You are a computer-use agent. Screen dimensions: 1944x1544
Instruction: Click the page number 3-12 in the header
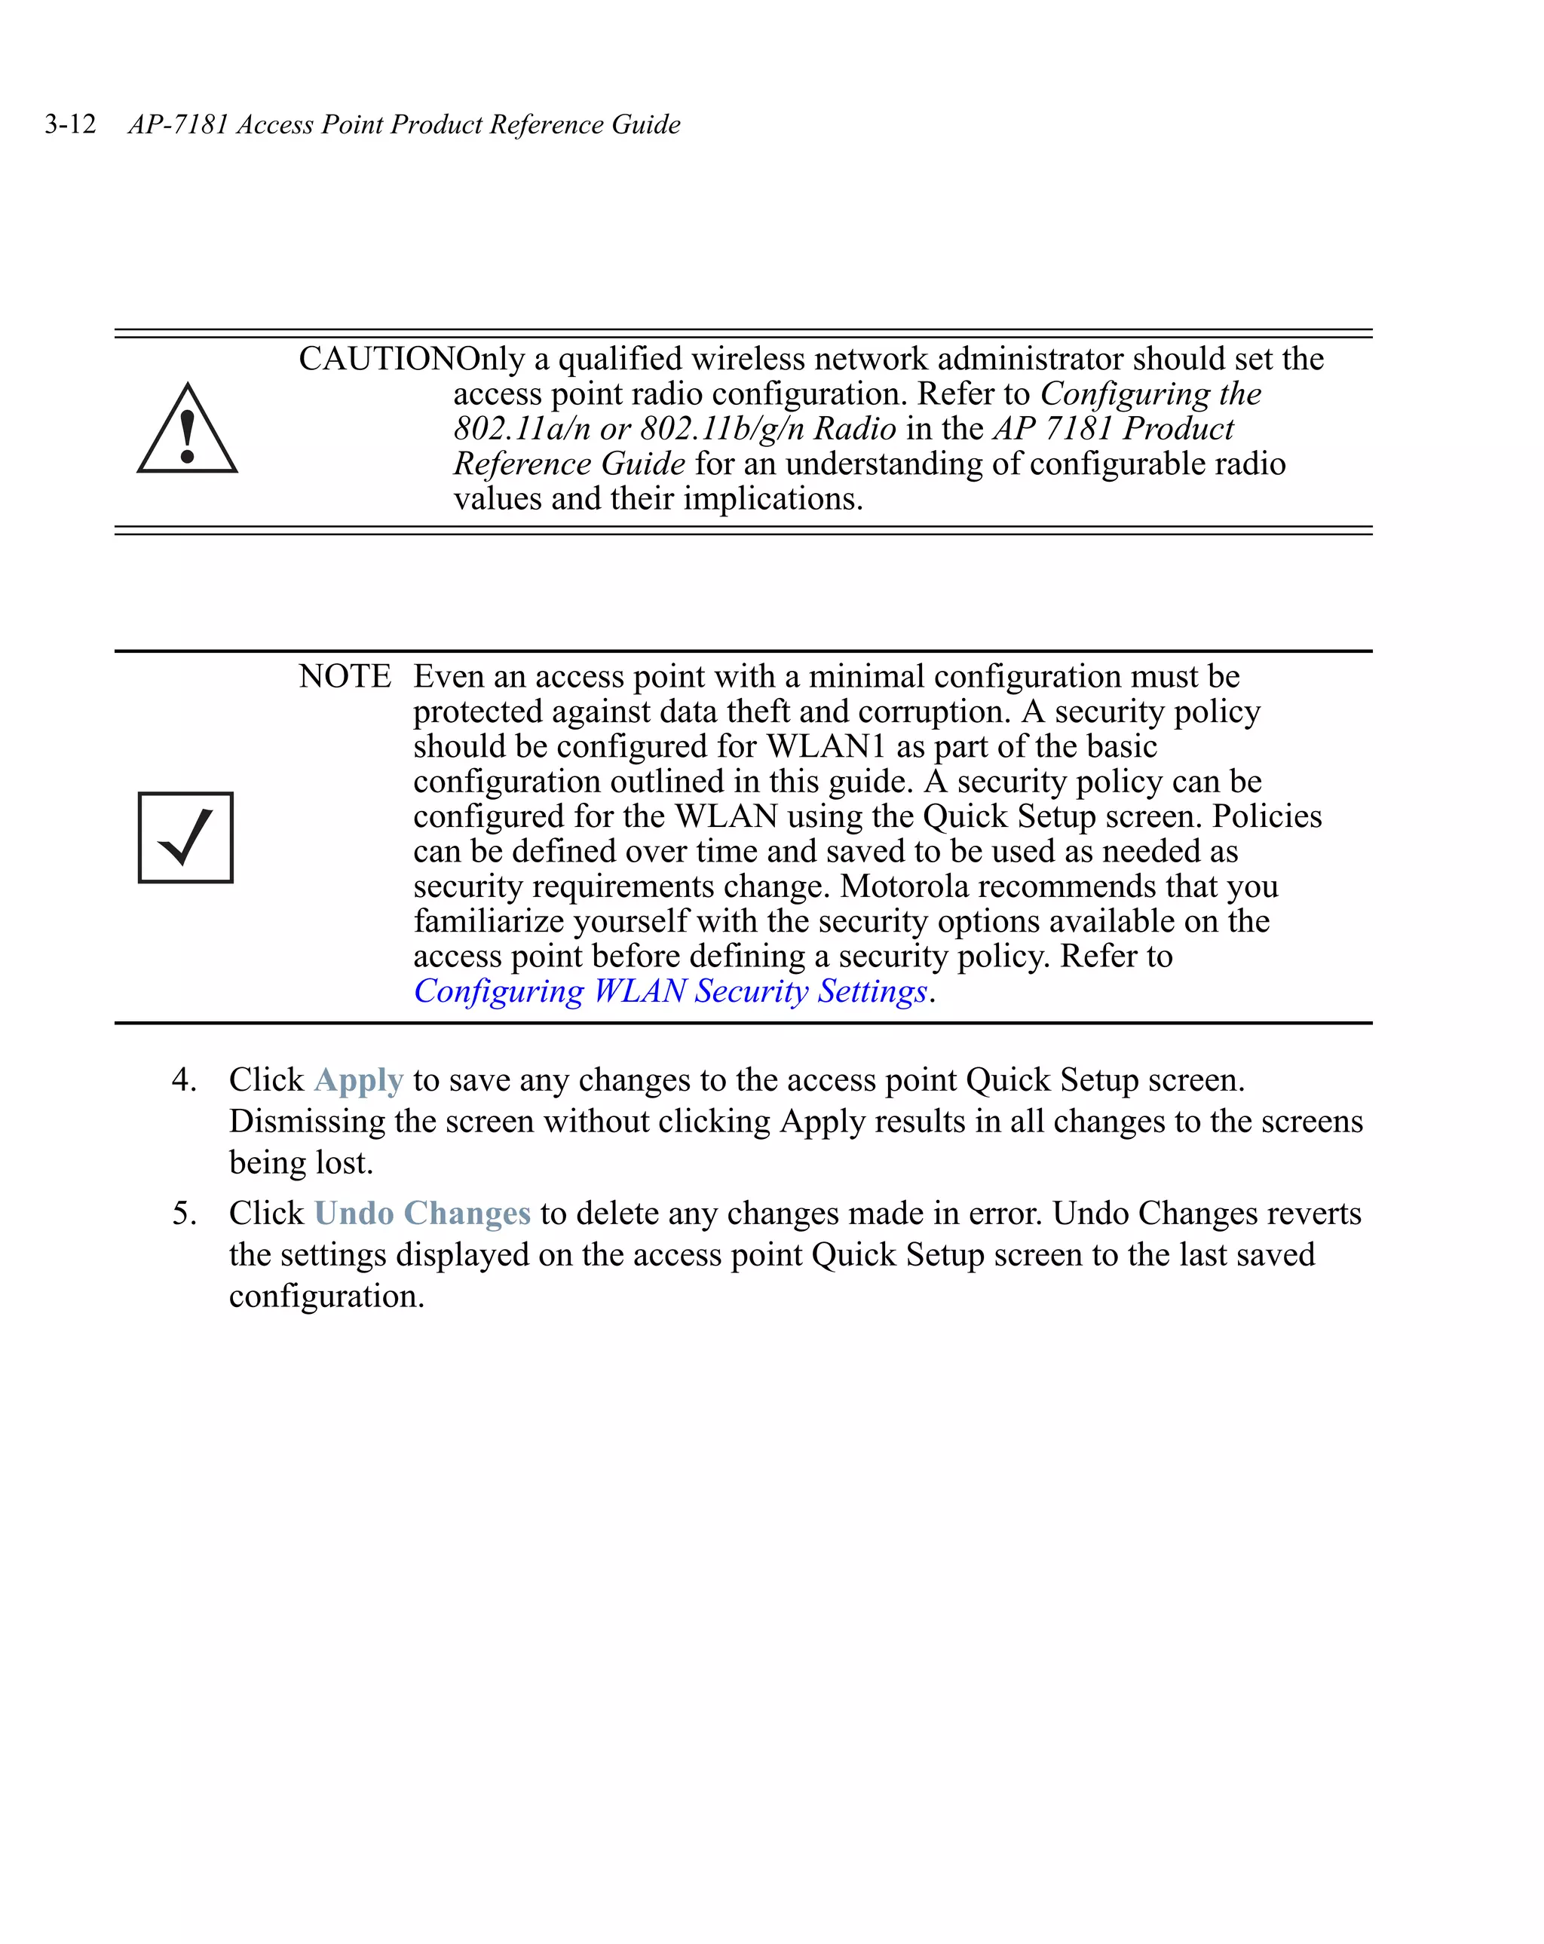(70, 124)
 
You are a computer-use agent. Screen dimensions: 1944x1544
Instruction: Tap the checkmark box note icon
(185, 837)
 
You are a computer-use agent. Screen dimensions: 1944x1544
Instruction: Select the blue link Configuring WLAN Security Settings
(670, 991)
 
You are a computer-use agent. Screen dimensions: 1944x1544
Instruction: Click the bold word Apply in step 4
(358, 1080)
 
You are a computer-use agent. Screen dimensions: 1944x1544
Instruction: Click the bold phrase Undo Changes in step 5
(422, 1214)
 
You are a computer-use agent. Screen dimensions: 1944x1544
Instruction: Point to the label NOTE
(345, 676)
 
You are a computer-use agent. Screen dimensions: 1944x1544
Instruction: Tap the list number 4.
(184, 1080)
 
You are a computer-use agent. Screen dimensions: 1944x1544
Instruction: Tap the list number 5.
(184, 1214)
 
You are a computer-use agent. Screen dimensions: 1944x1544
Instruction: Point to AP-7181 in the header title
(178, 124)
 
